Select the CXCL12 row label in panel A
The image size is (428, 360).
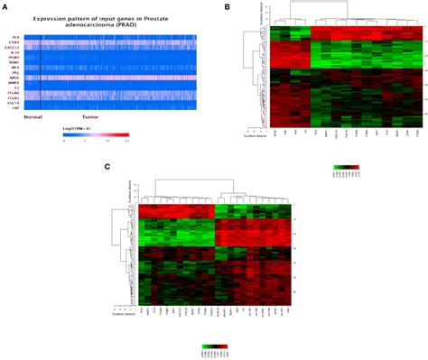pos(14,50)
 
